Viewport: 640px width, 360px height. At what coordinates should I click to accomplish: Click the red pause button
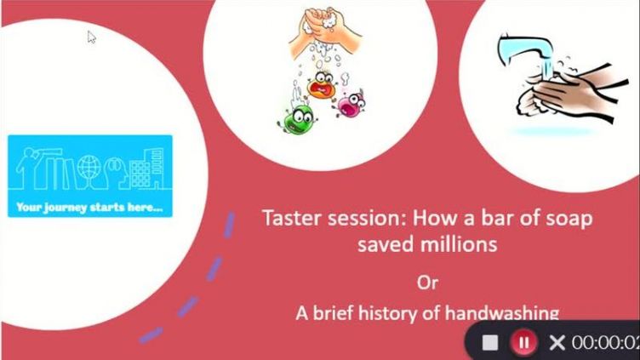[x=523, y=342]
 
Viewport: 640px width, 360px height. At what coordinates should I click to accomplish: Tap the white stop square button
[x=490, y=342]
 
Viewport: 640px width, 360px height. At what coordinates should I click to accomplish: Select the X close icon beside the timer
[x=557, y=342]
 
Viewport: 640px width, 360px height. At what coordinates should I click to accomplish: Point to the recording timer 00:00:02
[x=605, y=342]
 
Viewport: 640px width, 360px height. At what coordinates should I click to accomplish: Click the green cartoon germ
[x=298, y=118]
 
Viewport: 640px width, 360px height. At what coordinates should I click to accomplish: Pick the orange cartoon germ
[x=323, y=84]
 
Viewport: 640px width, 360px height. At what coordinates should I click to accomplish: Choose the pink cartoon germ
[x=350, y=104]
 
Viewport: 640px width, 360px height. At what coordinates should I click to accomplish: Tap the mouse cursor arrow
[x=91, y=37]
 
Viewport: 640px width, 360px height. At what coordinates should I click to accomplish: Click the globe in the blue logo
[x=89, y=169]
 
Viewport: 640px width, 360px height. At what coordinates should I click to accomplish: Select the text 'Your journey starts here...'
[x=90, y=207]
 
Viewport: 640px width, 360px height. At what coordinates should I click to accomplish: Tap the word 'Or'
[x=427, y=283]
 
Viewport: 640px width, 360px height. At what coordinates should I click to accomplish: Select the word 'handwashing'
[x=502, y=313]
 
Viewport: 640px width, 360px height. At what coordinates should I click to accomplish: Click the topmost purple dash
[x=230, y=225]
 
